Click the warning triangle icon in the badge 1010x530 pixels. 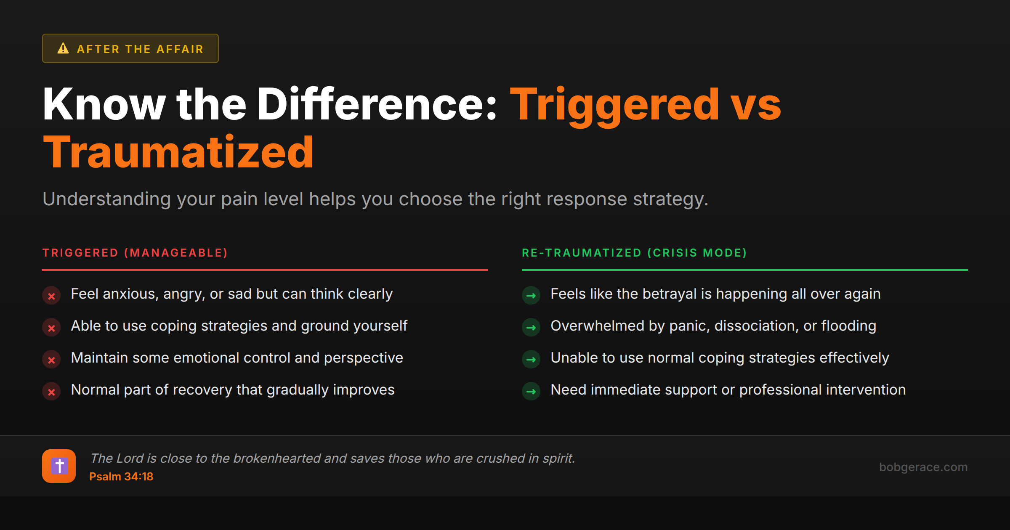point(63,48)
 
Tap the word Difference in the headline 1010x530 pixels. point(377,105)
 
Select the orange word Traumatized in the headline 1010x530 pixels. point(178,152)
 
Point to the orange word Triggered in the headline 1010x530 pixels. point(614,105)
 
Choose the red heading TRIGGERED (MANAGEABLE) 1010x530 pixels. point(135,253)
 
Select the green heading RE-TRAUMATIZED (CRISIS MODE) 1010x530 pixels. point(634,253)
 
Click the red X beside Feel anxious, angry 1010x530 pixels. point(51,296)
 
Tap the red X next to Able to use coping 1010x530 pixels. point(51,328)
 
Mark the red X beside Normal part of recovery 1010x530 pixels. point(51,392)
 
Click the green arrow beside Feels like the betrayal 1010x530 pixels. point(531,296)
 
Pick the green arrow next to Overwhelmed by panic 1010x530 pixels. point(531,328)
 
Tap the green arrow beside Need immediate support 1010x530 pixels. point(531,392)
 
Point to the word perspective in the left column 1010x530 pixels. point(363,358)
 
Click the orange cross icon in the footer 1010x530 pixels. point(59,466)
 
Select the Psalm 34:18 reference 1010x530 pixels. point(121,477)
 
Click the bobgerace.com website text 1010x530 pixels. point(923,467)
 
